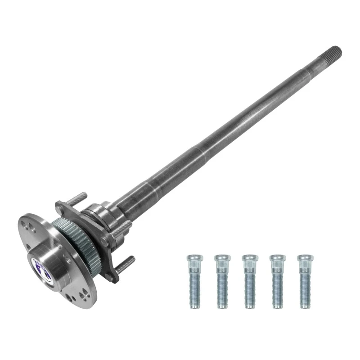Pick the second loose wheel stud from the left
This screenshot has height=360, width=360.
pyautogui.click(x=222, y=281)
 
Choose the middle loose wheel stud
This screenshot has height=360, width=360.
pyautogui.click(x=250, y=281)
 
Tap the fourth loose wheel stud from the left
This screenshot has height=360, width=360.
pyautogui.click(x=278, y=281)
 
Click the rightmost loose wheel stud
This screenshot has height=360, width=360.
pyautogui.click(x=306, y=281)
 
